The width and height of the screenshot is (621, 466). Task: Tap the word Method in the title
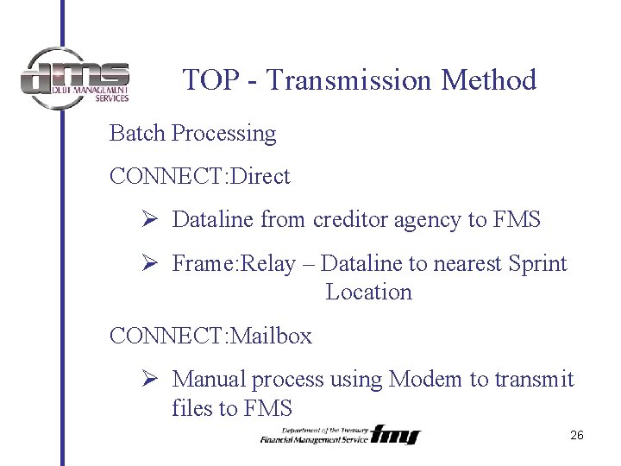point(489,80)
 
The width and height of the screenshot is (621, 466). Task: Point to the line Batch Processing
point(192,134)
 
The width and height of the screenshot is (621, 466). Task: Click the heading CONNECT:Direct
point(199,177)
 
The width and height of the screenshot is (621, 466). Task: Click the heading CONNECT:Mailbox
point(210,336)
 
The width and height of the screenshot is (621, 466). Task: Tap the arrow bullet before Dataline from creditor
point(148,220)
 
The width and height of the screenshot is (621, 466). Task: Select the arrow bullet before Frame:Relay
point(148,263)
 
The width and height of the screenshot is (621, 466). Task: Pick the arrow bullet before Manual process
point(148,379)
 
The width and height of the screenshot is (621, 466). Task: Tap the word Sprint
point(537,263)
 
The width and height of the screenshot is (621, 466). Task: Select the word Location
point(368,293)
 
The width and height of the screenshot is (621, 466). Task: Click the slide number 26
point(577,435)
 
